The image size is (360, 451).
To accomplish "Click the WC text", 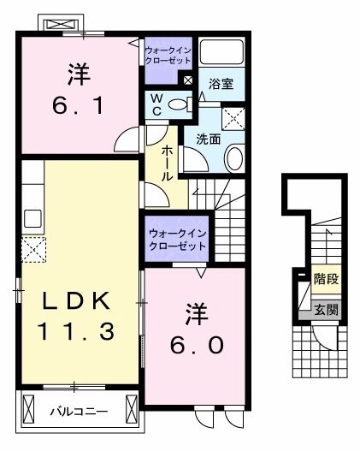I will [156, 105].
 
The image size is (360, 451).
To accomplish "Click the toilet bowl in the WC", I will [177, 104].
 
